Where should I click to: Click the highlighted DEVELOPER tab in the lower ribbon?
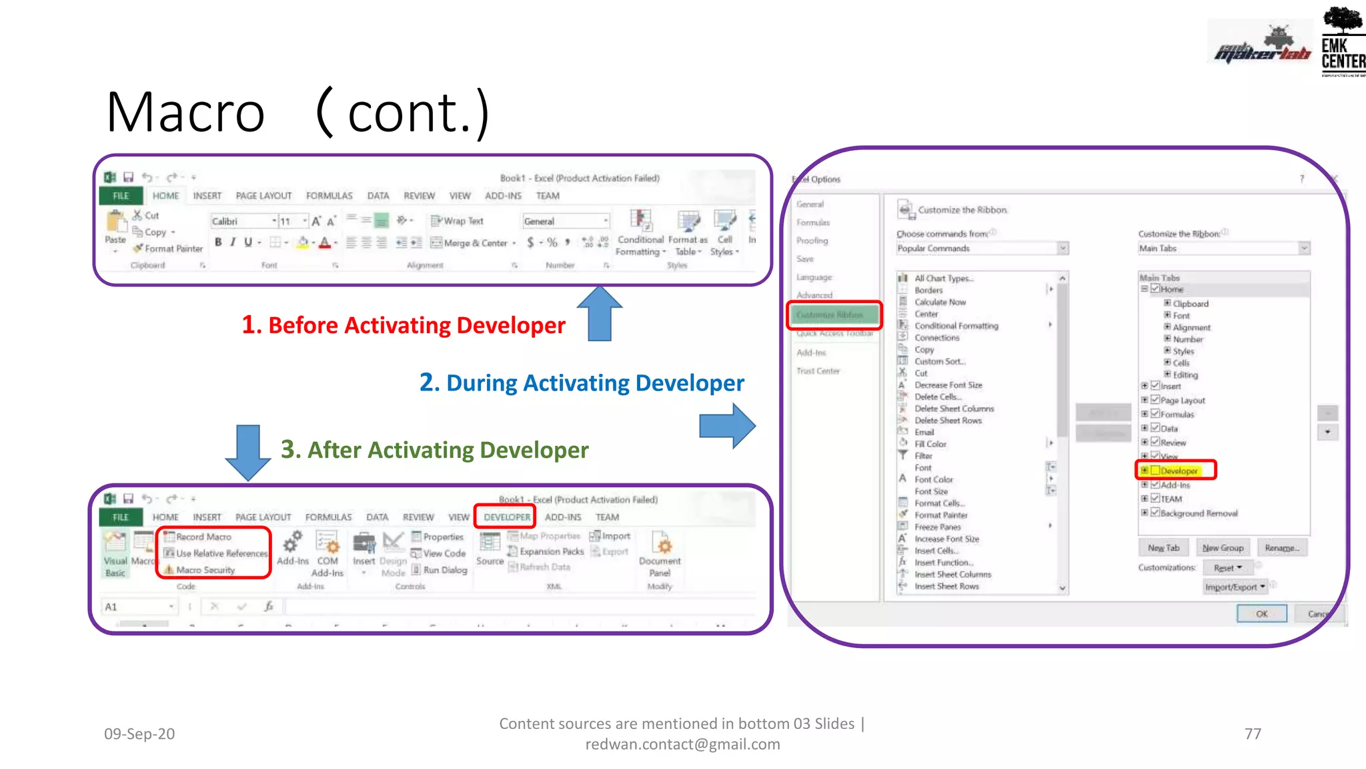click(507, 517)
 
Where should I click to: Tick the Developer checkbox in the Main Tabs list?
click(1155, 471)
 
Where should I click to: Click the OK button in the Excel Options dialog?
click(1261, 613)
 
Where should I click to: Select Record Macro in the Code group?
click(203, 537)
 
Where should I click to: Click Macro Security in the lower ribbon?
click(205, 570)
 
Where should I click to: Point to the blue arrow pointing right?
click(727, 425)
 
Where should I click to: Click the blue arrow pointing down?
click(248, 452)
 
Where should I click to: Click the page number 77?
click(1253, 734)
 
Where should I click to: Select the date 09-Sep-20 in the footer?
click(139, 734)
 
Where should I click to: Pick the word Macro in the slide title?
click(185, 112)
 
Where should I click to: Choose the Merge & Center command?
click(473, 243)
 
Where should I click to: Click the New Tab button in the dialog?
click(1163, 548)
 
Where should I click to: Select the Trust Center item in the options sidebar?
click(818, 371)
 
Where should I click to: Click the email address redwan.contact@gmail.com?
click(682, 744)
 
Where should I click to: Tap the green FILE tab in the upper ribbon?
click(121, 196)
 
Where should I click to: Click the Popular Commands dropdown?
click(982, 248)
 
